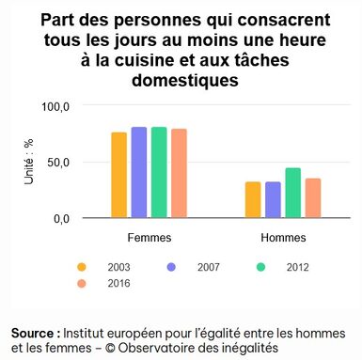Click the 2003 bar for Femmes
[x=118, y=175]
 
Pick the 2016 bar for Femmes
[x=180, y=173]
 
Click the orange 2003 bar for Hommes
[x=253, y=199]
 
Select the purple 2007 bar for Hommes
[x=273, y=199]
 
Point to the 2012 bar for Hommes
[x=292, y=193]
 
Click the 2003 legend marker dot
[x=83, y=267]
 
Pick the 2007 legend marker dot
[x=173, y=267]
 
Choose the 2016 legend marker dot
[x=83, y=282]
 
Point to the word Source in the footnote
[x=35, y=334]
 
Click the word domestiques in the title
[x=181, y=81]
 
